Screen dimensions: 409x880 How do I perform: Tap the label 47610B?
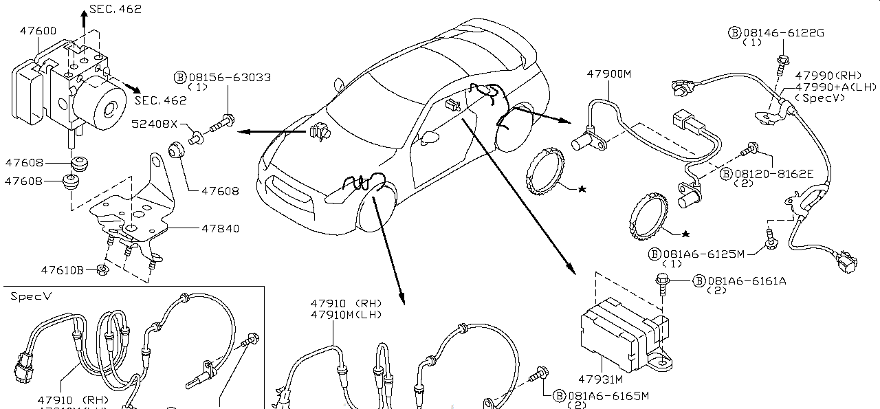pos(62,270)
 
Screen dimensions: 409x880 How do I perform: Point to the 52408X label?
pos(155,124)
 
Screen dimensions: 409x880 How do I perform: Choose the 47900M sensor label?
pos(608,74)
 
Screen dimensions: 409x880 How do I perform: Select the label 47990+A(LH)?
pos(835,87)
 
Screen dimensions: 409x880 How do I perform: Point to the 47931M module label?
pos(600,379)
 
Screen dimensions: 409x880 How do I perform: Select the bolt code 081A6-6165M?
pos(607,396)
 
